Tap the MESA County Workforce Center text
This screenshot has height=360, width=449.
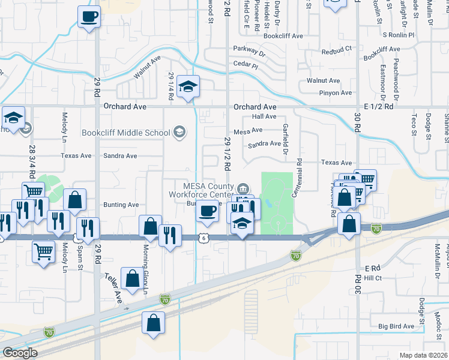pyautogui.click(x=207, y=190)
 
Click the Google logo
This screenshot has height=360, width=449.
pyautogui.click(x=19, y=353)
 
